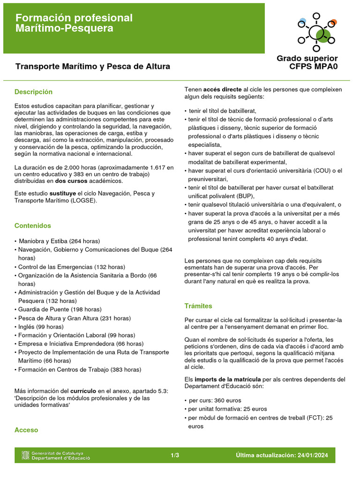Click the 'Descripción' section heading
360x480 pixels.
(x=33, y=92)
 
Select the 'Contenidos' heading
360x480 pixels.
(x=33, y=225)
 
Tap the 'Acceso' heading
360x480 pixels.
(x=26, y=430)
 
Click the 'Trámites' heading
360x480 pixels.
(x=198, y=306)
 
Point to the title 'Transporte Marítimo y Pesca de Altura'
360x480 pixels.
(x=93, y=67)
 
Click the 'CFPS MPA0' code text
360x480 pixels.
(x=314, y=67)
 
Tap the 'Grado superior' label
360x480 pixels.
(x=307, y=58)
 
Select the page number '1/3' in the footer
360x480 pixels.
(x=175, y=455)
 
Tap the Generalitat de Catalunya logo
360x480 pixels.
(x=56, y=455)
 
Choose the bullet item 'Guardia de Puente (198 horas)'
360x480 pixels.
(x=60, y=309)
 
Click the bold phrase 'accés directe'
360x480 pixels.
(x=223, y=89)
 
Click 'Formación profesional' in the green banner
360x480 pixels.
(x=74, y=18)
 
